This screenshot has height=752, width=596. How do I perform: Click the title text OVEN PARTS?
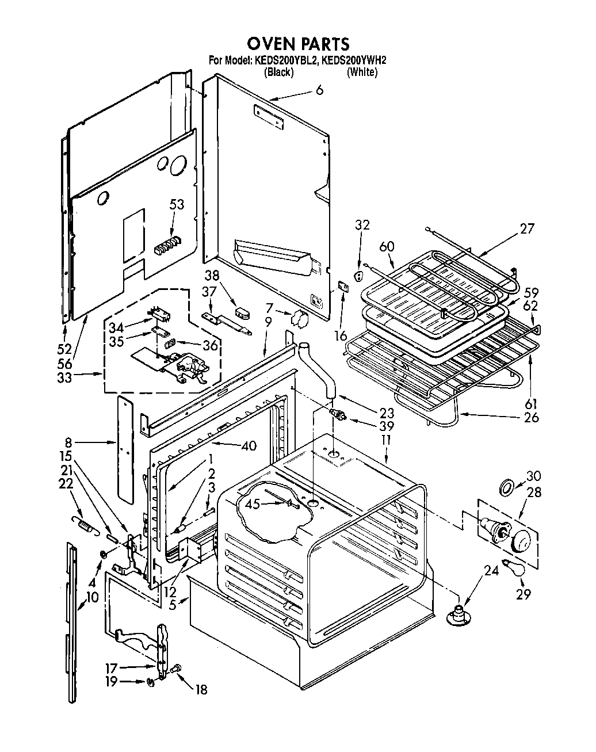297,43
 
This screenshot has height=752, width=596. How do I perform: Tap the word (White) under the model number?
362,72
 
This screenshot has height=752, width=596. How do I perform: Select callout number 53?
177,204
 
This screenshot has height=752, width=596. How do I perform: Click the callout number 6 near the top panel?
319,90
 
